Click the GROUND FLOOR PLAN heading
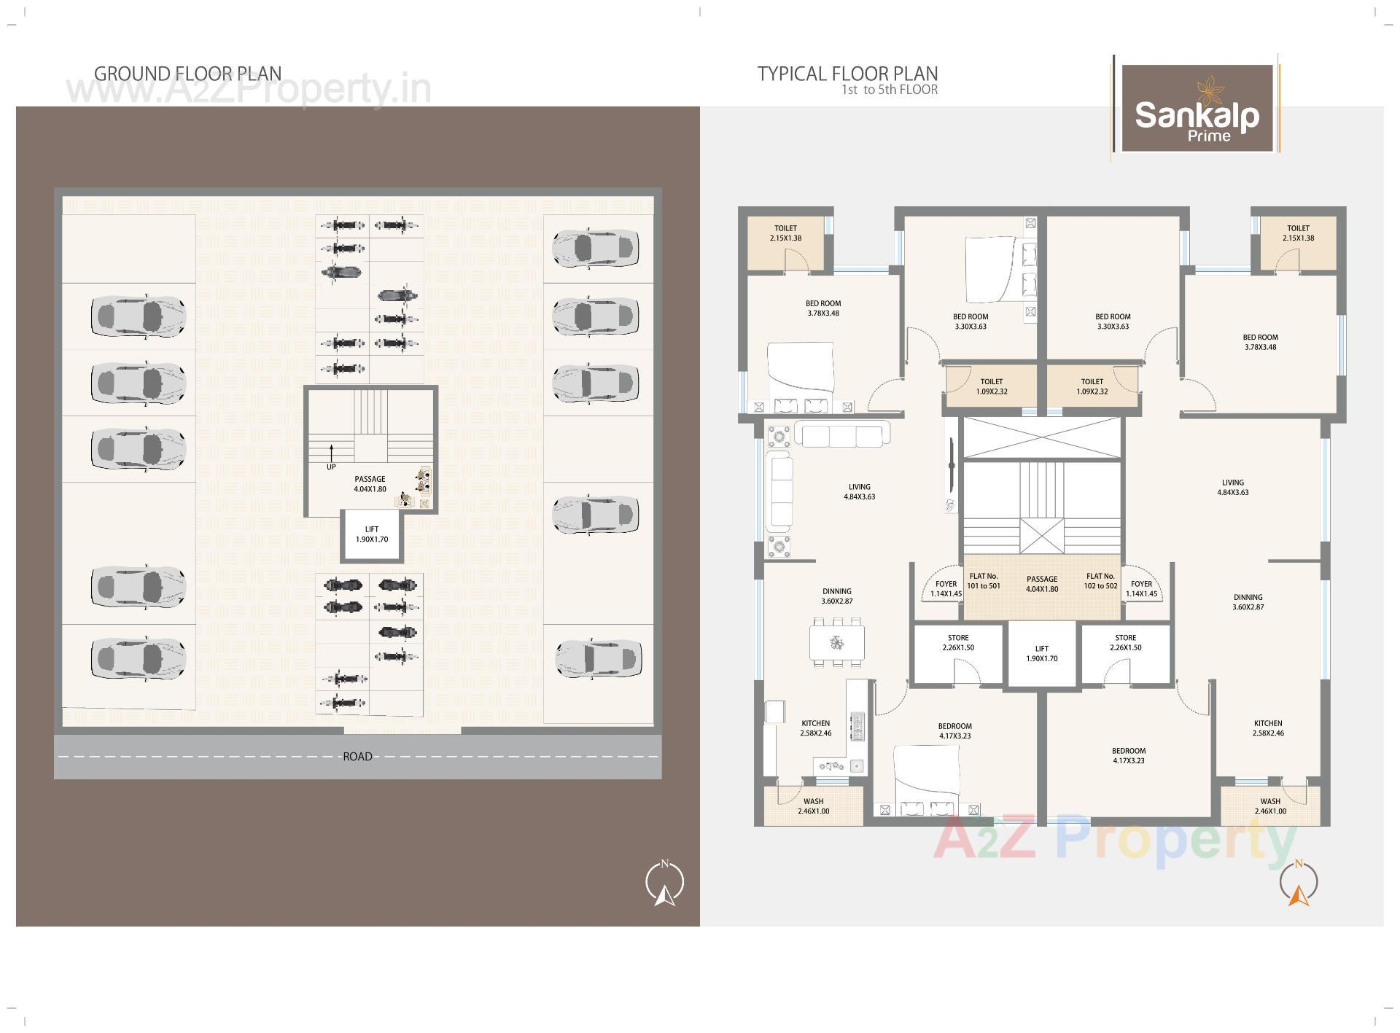point(187,74)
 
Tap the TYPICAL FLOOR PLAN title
point(847,74)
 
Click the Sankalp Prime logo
point(1197,108)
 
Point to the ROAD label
point(357,757)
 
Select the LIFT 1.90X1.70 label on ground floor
point(372,534)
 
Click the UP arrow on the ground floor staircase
point(331,453)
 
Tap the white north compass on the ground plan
point(664,884)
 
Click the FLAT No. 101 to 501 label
point(984,581)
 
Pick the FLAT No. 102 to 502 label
point(1100,581)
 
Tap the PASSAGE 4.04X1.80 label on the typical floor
point(1042,584)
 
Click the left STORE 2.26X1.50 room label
point(958,642)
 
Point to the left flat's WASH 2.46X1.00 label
point(813,806)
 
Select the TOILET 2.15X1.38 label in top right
point(1298,233)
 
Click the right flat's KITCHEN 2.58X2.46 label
point(1268,728)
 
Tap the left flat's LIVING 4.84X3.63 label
point(859,491)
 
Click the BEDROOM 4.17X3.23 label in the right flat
point(1128,755)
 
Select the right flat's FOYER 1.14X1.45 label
point(1141,588)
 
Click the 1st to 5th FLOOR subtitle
point(890,90)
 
